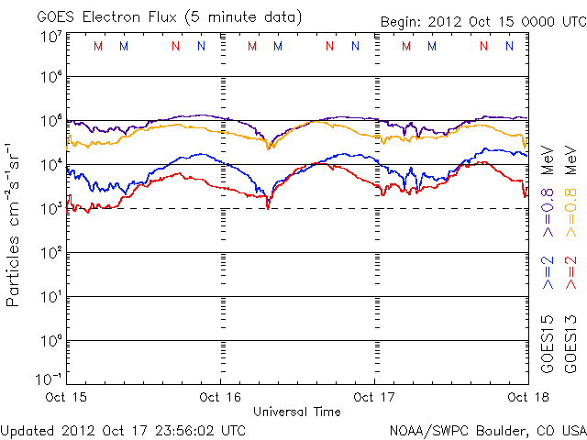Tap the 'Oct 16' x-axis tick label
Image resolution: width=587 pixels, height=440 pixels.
(x=220, y=398)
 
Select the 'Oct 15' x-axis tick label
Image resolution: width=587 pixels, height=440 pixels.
(x=67, y=398)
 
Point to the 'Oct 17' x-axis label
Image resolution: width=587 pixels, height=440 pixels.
(x=374, y=398)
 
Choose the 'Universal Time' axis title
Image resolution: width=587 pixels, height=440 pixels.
(x=297, y=412)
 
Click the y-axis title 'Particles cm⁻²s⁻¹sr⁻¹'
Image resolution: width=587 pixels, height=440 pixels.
(x=15, y=224)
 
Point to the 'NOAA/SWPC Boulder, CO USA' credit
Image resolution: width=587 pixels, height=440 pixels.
(x=487, y=429)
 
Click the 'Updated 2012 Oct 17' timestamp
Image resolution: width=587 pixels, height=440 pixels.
(x=123, y=429)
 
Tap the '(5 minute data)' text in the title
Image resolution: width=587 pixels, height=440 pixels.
(x=242, y=17)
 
